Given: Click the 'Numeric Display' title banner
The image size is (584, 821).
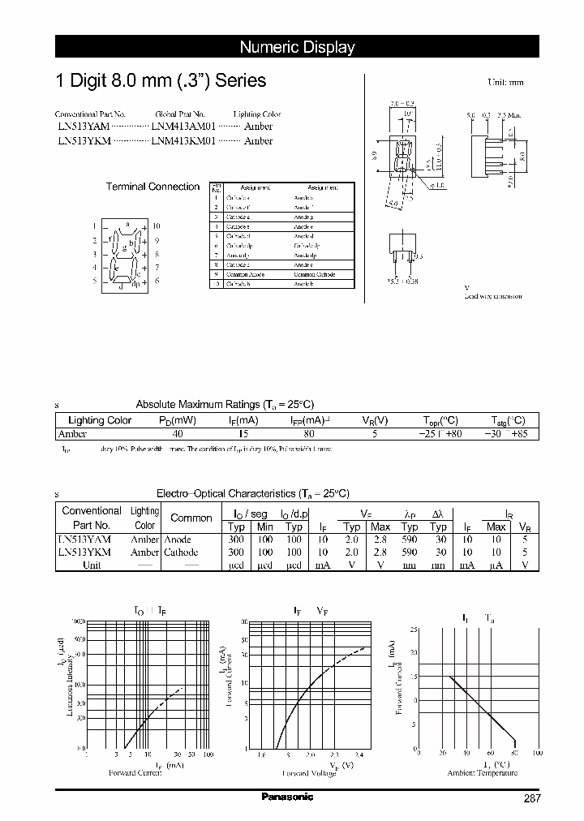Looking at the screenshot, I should tap(297, 47).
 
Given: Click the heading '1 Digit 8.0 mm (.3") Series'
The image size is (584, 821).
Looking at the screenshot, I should tap(160, 81).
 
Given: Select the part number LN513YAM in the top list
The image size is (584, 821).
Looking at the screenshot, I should tap(83, 127).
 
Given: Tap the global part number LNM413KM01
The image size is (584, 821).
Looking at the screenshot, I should tap(183, 140).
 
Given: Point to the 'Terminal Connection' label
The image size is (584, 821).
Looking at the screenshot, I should tap(152, 187).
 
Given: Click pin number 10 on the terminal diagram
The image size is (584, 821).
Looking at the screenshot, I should tap(157, 226).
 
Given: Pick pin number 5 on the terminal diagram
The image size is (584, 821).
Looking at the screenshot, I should tap(94, 281).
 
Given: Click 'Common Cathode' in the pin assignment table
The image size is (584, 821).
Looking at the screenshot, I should tap(316, 274).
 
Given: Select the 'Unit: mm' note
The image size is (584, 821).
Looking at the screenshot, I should tap(505, 83).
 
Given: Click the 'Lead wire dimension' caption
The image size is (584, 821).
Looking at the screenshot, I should tap(492, 296).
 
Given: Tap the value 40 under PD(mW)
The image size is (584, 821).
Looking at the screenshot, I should tap(178, 434).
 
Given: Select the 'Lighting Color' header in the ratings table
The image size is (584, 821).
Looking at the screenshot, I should tap(100, 420).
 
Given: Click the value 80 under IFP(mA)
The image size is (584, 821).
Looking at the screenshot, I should tap(308, 434).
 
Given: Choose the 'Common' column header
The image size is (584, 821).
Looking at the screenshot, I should tap(191, 518).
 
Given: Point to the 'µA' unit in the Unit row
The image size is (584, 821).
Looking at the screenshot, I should tap(496, 565).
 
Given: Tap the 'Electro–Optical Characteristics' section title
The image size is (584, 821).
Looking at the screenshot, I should tap(251, 493).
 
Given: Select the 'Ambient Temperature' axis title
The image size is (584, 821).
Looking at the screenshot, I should tap(482, 772).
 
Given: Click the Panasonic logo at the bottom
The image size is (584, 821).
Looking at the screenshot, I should tap(287, 797).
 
